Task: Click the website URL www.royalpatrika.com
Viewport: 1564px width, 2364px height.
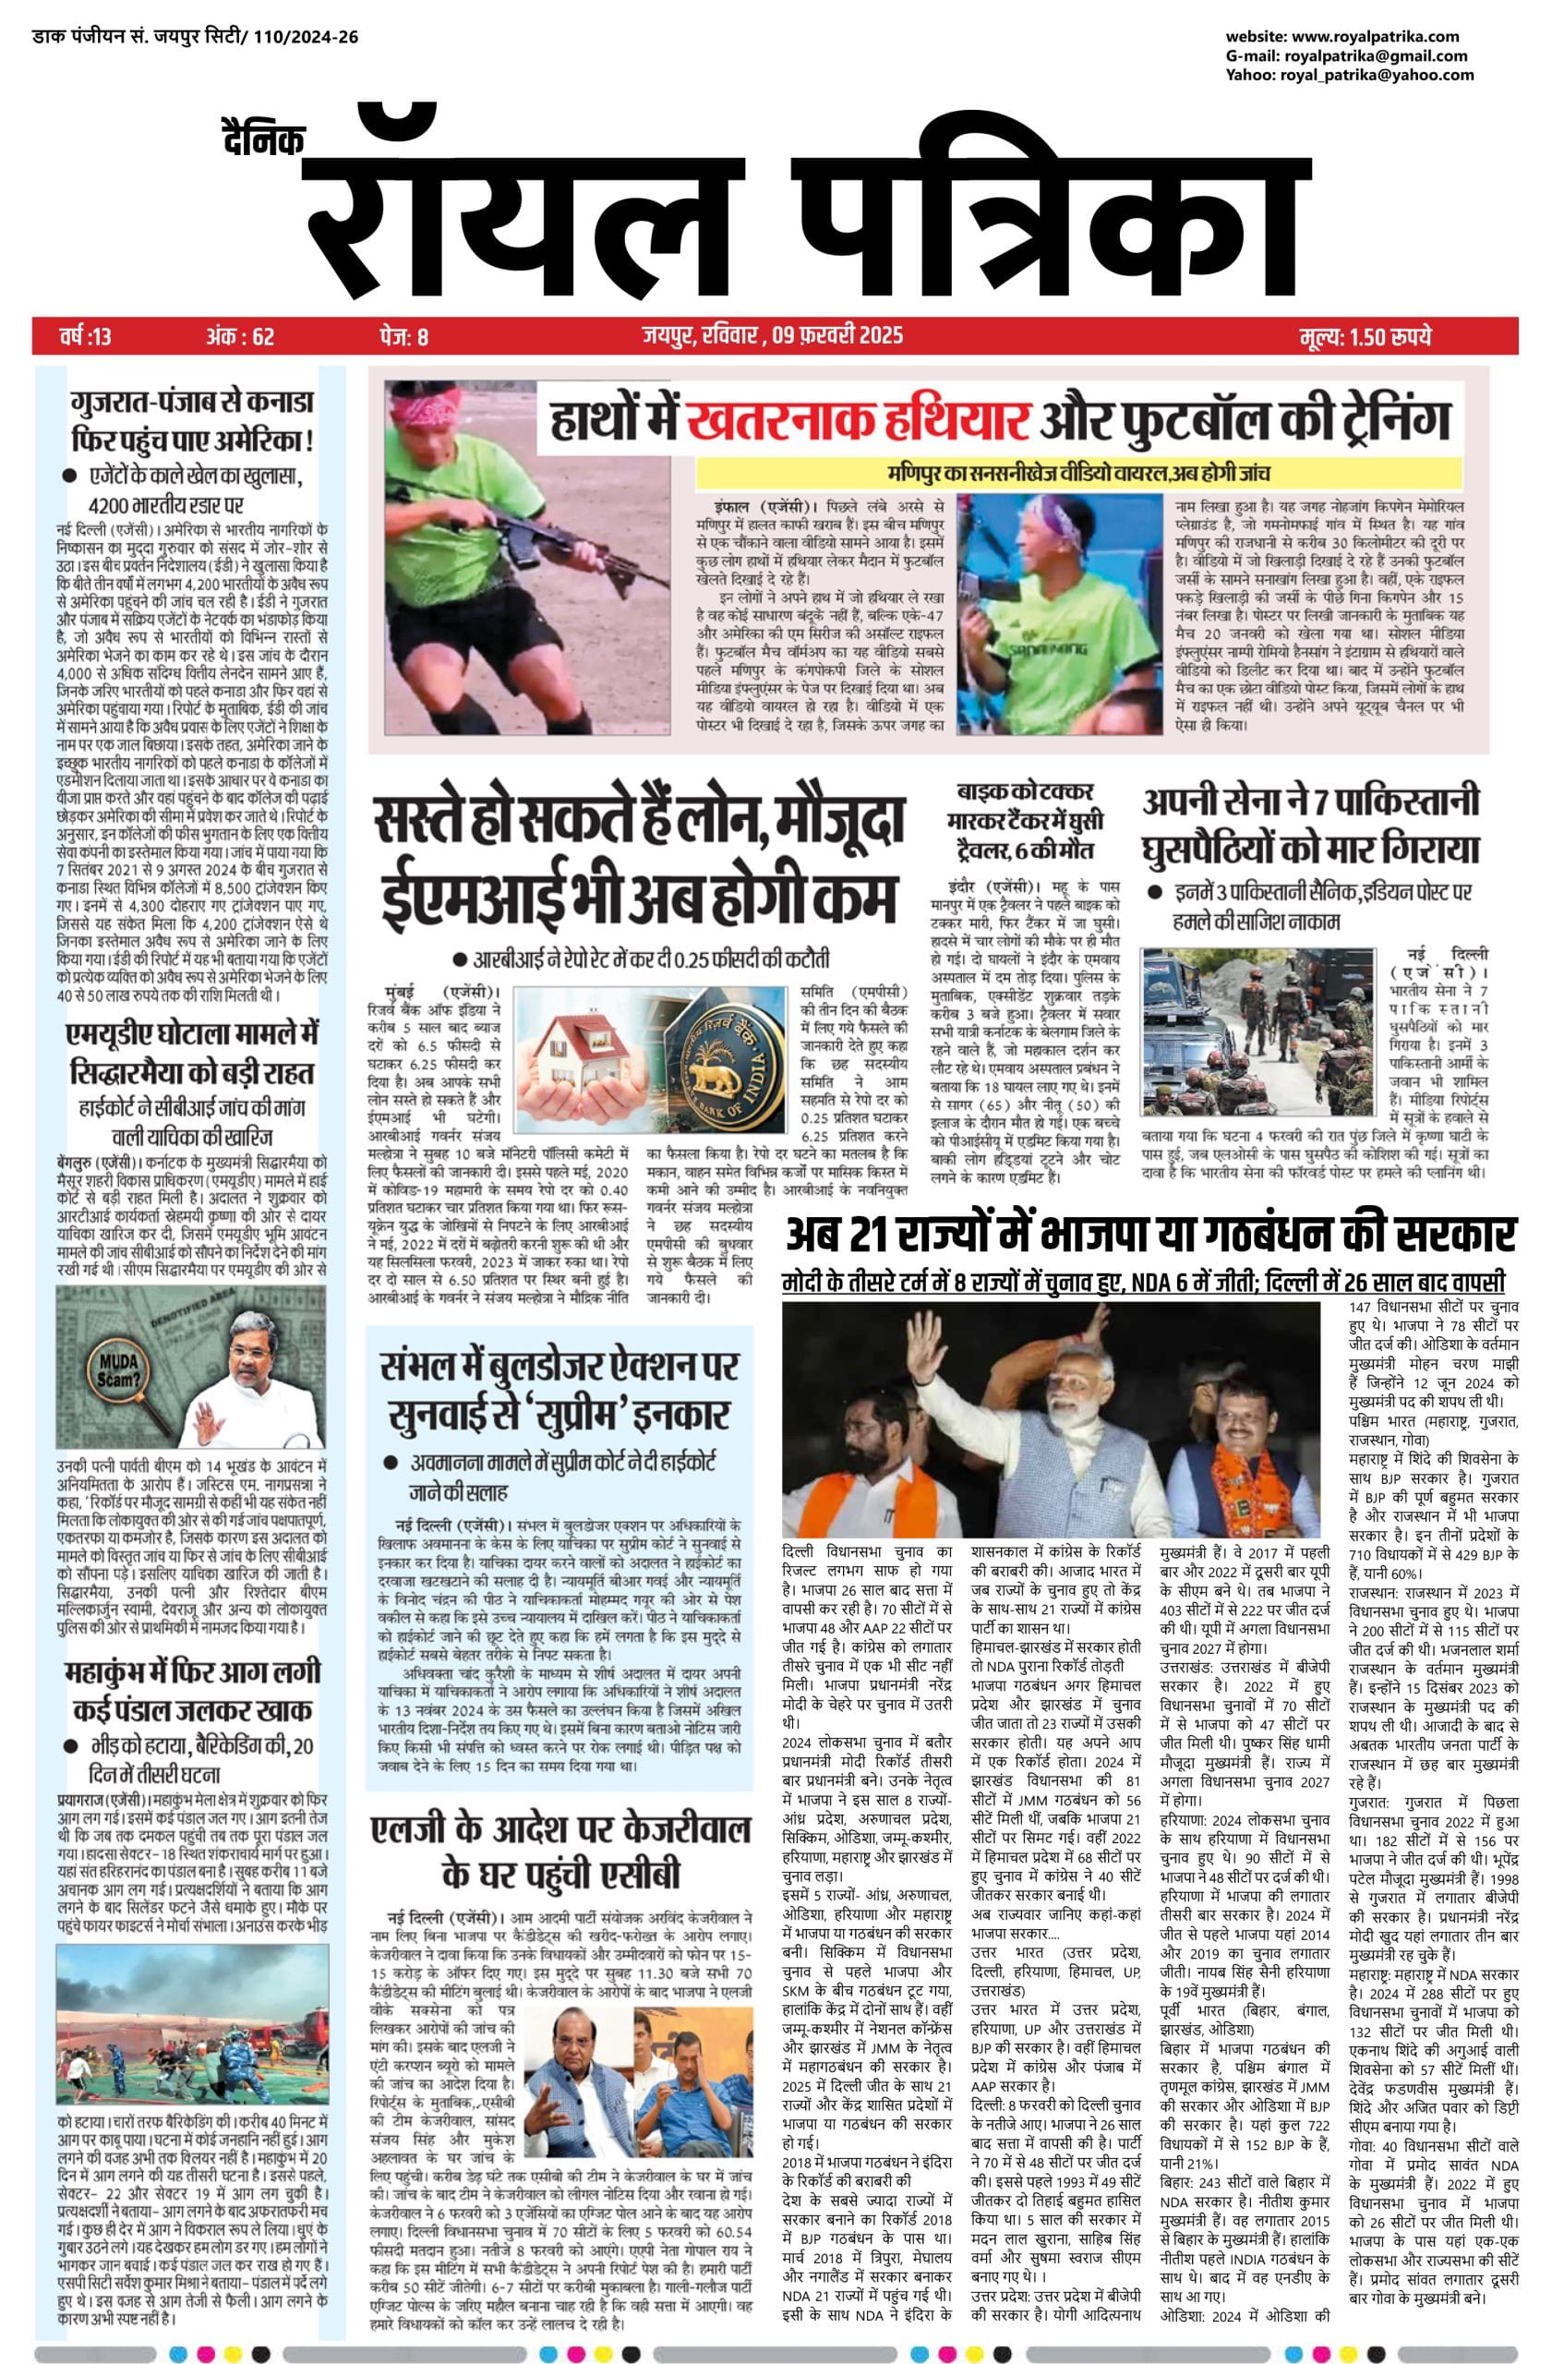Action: coord(1381,37)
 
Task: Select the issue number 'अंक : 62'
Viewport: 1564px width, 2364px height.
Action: coord(239,336)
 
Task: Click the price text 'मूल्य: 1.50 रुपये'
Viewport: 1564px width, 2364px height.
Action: coord(1366,336)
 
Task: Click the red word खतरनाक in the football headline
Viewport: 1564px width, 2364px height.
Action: coord(857,419)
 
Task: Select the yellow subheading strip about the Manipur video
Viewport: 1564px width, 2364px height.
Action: coord(1078,473)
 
